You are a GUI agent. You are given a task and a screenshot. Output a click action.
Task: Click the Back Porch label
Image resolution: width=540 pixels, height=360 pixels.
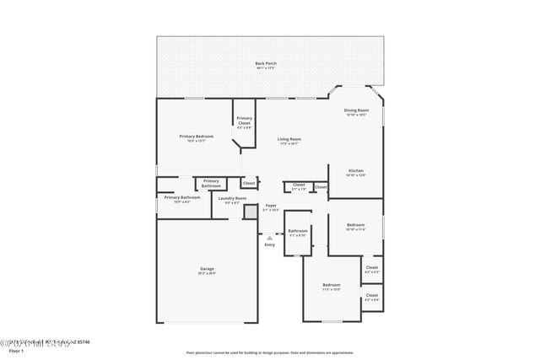click(x=266, y=64)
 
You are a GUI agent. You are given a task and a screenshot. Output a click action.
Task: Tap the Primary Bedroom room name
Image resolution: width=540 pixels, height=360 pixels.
click(x=196, y=136)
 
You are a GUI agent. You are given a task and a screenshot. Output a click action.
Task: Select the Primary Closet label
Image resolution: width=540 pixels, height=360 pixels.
click(x=244, y=121)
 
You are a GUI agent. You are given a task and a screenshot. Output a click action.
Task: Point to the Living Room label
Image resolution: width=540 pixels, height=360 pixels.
click(x=290, y=139)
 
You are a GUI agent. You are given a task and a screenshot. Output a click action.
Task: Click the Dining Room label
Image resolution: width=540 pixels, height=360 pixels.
click(x=356, y=110)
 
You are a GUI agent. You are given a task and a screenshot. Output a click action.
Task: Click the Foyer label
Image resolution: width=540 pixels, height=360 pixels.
click(x=271, y=205)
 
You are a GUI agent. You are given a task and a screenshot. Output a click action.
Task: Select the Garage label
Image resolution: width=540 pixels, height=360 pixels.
click(x=207, y=269)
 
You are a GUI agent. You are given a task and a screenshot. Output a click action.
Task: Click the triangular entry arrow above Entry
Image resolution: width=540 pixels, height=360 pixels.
click(x=270, y=238)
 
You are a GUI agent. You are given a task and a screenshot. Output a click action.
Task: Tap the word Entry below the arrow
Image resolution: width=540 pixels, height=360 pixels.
click(x=270, y=245)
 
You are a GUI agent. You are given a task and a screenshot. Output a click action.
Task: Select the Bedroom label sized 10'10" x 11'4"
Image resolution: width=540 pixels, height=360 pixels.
click(x=356, y=225)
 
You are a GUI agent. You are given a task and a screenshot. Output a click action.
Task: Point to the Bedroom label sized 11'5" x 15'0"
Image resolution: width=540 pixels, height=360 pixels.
click(x=332, y=285)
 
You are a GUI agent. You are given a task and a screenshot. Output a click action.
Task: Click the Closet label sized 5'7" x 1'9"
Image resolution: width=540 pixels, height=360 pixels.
click(x=299, y=185)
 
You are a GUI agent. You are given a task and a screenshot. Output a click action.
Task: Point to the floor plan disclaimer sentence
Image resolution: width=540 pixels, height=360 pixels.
click(x=270, y=352)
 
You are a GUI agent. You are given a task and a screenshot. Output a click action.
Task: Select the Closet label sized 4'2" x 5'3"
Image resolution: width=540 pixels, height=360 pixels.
click(x=372, y=268)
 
